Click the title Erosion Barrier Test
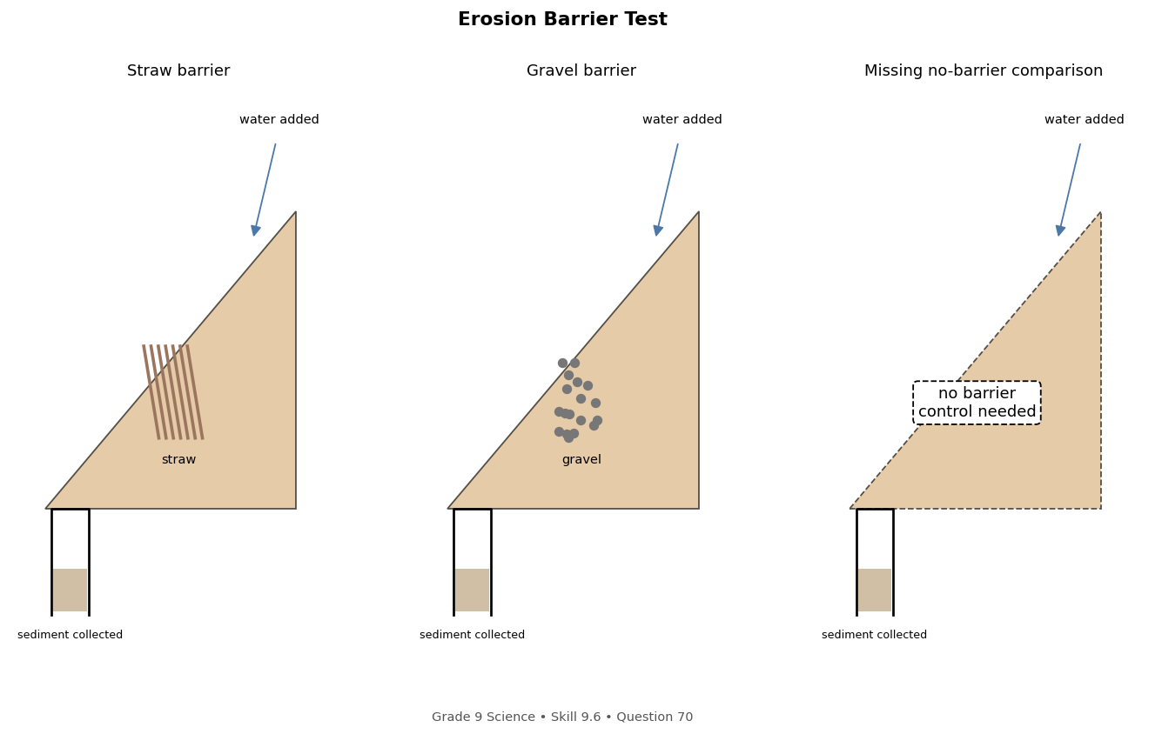(562, 19)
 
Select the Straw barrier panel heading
(178, 70)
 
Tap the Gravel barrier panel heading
(581, 70)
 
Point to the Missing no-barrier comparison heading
(983, 70)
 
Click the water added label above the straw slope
(279, 119)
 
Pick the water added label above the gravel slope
(682, 119)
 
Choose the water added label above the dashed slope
(1085, 119)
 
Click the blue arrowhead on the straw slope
(255, 230)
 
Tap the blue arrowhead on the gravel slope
(658, 230)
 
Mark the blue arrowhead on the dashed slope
(1060, 230)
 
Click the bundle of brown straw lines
(173, 392)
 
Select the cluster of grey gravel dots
(577, 400)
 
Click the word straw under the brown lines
(179, 459)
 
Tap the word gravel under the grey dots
(581, 460)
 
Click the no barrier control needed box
(977, 403)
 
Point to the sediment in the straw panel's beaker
(70, 590)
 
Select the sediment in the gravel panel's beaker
(472, 590)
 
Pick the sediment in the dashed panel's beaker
(875, 590)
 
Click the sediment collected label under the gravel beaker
(472, 635)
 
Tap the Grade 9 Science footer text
(562, 717)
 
